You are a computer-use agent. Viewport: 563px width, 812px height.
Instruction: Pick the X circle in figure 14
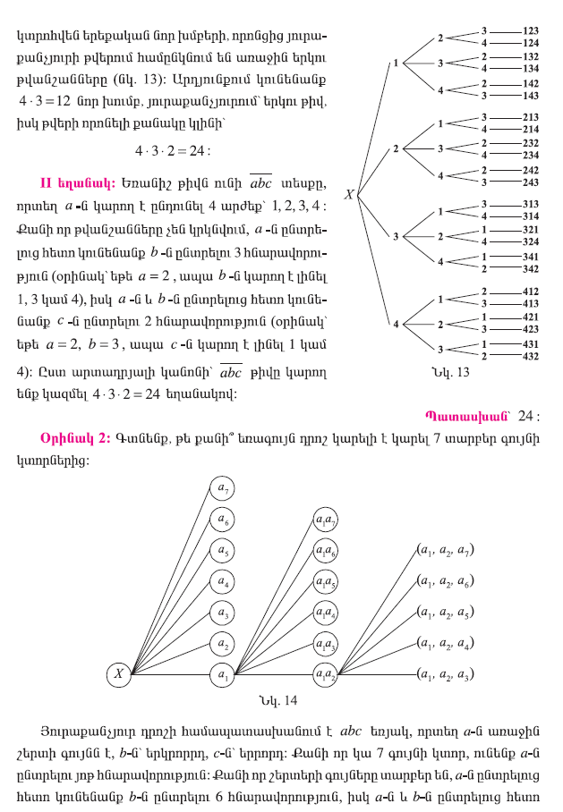click(x=118, y=673)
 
